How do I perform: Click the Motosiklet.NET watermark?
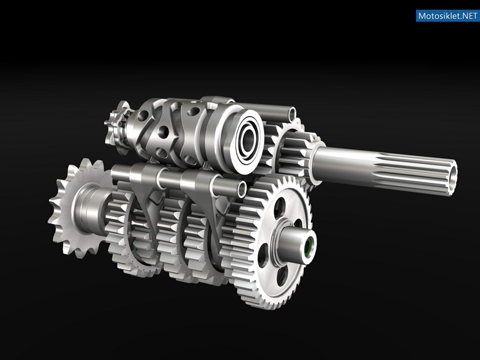[447, 15]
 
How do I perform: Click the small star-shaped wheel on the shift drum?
[118, 128]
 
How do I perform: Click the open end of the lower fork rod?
[242, 190]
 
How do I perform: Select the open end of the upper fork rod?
[293, 114]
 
